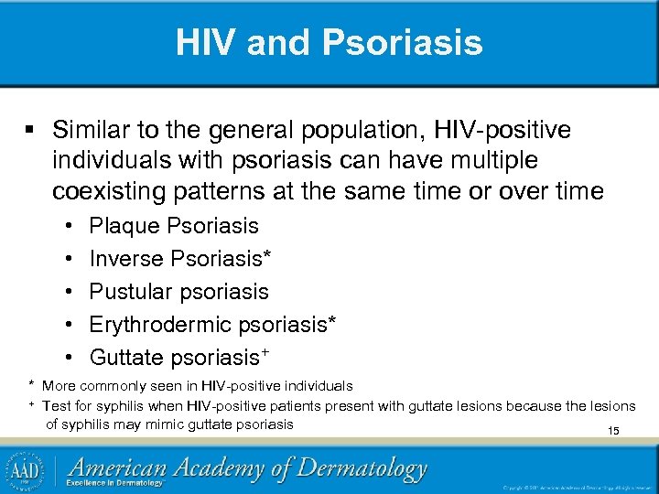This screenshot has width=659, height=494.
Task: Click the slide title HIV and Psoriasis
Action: coord(329,42)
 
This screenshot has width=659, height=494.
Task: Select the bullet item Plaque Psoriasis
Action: coord(174,226)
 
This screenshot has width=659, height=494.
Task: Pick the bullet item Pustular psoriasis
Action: coord(178,292)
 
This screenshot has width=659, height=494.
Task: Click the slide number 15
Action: coord(613,431)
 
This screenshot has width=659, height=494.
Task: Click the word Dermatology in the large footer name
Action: coord(361,468)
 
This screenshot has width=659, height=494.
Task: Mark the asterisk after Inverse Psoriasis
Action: coord(266,256)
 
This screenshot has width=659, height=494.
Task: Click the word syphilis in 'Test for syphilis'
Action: coord(132,405)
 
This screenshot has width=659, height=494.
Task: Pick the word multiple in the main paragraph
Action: coord(498,161)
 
